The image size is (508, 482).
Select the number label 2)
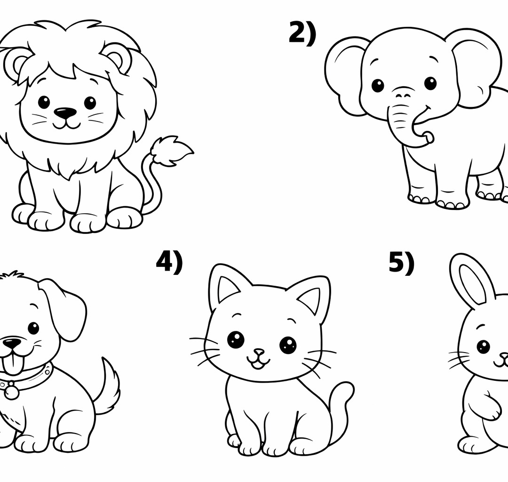[302, 33]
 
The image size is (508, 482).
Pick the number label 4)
[169, 262]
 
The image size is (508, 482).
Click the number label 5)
[401, 262]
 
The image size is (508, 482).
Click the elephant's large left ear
[343, 75]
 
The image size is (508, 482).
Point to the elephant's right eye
[430, 83]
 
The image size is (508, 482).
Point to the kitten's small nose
[258, 352]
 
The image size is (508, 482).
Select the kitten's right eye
[288, 345]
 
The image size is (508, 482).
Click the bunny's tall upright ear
[473, 280]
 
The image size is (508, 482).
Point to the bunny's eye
[483, 347]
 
